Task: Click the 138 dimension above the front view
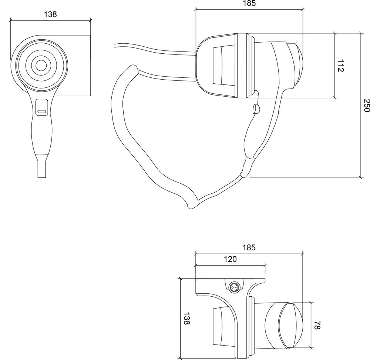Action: point(50,14)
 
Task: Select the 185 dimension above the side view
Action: point(249,3)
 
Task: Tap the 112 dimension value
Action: point(341,66)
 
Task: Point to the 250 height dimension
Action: point(366,105)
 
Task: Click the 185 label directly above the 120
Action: point(249,247)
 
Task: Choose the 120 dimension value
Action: point(230,259)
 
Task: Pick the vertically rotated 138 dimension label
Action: point(186,318)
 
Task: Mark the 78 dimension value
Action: point(317,325)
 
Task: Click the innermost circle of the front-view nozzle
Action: point(41,65)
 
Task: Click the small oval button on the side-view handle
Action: point(256,109)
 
